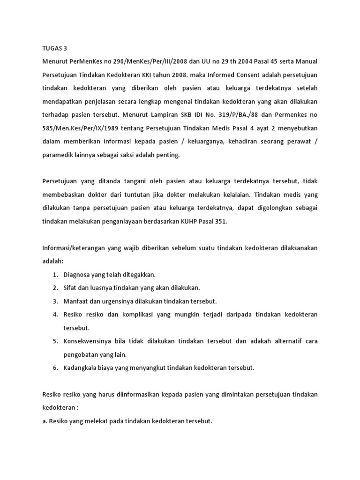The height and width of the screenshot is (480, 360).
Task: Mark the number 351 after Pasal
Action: coord(219,222)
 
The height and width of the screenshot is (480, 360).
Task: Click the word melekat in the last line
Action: coord(88,421)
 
